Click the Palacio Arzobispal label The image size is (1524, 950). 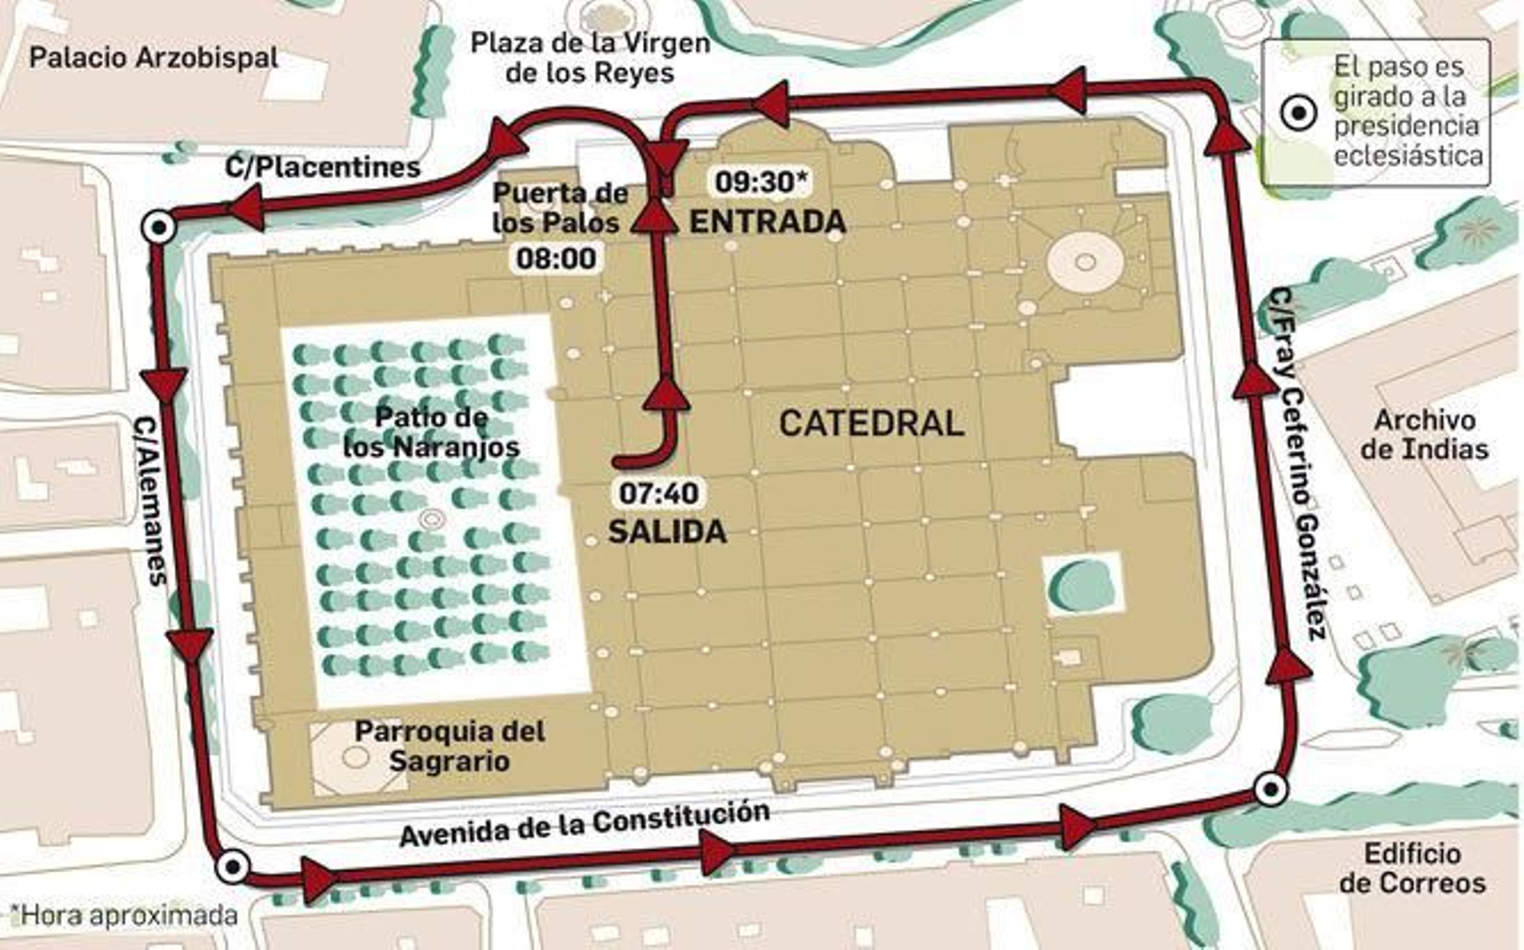pyautogui.click(x=153, y=57)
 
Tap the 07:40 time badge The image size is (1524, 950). pyautogui.click(x=658, y=493)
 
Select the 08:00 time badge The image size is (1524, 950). pyautogui.click(x=556, y=258)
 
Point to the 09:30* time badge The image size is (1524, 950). pyautogui.click(x=761, y=181)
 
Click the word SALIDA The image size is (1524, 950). pyautogui.click(x=667, y=531)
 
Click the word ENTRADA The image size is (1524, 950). pyautogui.click(x=767, y=222)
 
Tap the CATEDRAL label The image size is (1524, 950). pyautogui.click(x=871, y=424)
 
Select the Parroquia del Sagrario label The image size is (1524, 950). pyautogui.click(x=450, y=745)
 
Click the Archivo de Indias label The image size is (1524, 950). pyautogui.click(x=1424, y=434)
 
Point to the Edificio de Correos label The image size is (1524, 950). pyautogui.click(x=1412, y=868)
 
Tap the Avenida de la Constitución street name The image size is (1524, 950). pyautogui.click(x=584, y=824)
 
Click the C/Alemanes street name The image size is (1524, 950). pyautogui.click(x=150, y=500)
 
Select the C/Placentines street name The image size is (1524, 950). pyautogui.click(x=322, y=168)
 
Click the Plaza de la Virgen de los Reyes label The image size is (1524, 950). pyautogui.click(x=590, y=57)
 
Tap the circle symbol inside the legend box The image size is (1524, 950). pyautogui.click(x=1297, y=113)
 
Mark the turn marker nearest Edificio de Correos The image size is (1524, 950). pyautogui.click(x=1270, y=789)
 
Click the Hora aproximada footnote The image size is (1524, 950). pyautogui.click(x=124, y=916)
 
